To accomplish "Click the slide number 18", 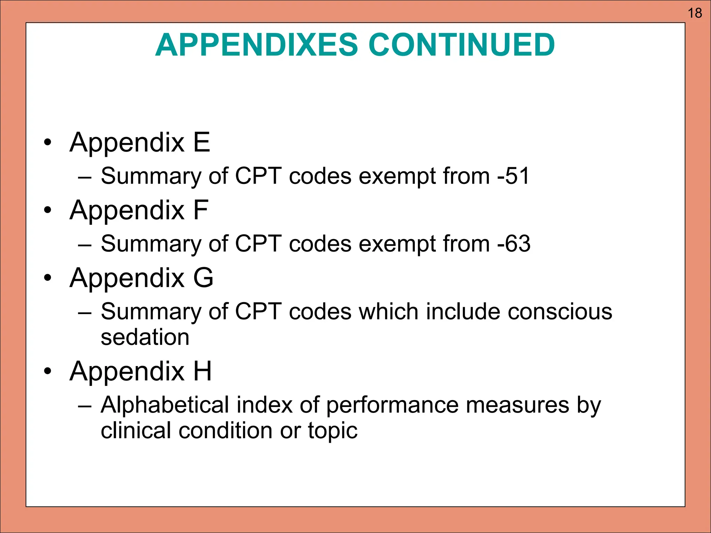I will (695, 13).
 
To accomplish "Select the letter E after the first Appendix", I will (202, 142).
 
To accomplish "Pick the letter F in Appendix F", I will (201, 210).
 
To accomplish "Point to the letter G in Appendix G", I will (203, 278).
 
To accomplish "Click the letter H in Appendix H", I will (202, 371).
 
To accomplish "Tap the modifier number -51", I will (513, 176).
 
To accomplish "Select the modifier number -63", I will (514, 244).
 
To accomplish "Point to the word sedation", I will (145, 337).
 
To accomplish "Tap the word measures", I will (517, 405).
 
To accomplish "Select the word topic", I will (332, 431).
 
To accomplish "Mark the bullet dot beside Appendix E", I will (48, 142).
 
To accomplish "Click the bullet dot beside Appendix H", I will (48, 371).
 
